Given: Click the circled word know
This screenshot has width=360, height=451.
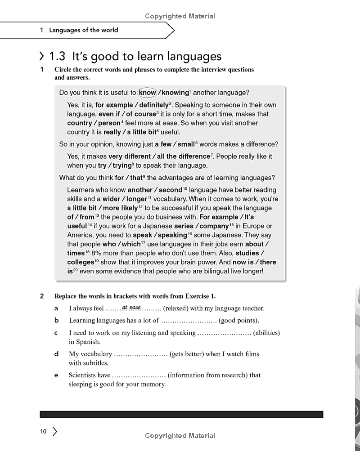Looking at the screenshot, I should [147, 93].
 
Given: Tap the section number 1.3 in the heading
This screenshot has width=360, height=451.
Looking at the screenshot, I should [57, 56].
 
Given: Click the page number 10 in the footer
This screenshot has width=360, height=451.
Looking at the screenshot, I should [43, 432].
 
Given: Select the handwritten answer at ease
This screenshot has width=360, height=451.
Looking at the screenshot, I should [131, 308].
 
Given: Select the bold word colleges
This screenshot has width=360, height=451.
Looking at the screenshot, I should [81, 262].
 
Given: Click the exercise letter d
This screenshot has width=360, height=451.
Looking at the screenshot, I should [56, 354].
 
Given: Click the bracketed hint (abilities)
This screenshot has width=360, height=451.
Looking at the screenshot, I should [266, 333].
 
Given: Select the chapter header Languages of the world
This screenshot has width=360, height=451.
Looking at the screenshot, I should [84, 30].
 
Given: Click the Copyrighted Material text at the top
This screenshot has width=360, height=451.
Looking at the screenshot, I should [180, 16].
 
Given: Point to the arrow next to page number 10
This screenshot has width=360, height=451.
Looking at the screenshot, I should [55, 432].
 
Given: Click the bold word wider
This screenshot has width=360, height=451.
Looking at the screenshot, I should [112, 199].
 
